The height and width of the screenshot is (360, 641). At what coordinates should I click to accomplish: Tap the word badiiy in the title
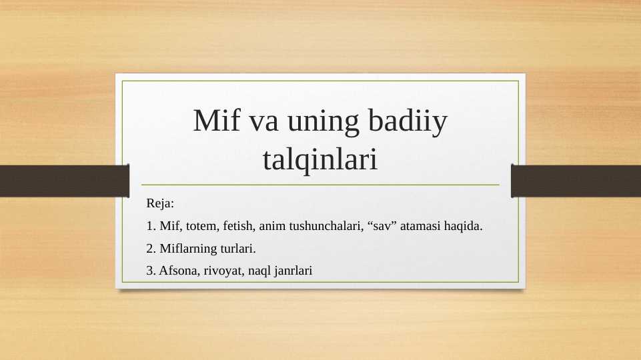[x=407, y=122]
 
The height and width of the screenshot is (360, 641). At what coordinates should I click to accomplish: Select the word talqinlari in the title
[x=320, y=159]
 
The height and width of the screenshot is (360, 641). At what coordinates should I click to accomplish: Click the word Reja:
[x=160, y=202]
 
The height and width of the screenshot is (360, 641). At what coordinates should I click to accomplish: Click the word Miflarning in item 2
[x=188, y=249]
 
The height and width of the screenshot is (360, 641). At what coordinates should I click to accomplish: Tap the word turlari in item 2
[x=237, y=249]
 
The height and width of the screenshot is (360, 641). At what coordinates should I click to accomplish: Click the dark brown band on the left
[x=63, y=181]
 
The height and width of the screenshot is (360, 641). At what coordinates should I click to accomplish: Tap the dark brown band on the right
[x=576, y=181]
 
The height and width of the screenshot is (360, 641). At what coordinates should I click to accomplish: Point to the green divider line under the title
[x=319, y=185]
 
